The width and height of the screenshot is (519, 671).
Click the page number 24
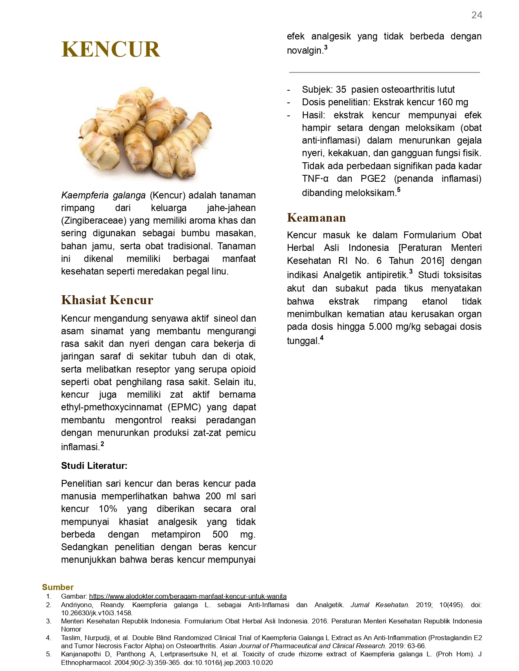click(x=477, y=15)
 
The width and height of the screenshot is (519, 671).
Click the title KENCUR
click(x=111, y=49)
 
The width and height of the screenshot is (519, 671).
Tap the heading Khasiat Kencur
click(x=107, y=300)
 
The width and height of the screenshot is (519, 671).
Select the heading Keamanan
click(x=316, y=218)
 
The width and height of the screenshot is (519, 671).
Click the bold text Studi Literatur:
click(x=94, y=466)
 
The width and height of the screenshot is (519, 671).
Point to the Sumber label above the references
click(x=58, y=587)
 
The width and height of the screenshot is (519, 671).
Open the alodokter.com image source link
click(x=188, y=596)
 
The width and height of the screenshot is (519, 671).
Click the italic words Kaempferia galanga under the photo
click(x=103, y=195)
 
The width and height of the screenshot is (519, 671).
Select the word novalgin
click(x=305, y=51)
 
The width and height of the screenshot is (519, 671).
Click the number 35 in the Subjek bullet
click(x=341, y=89)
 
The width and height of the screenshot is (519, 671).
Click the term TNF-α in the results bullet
click(x=315, y=179)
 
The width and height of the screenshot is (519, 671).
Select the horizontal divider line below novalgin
click(x=384, y=72)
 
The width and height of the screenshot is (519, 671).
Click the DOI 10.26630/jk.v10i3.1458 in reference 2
click(x=96, y=613)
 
